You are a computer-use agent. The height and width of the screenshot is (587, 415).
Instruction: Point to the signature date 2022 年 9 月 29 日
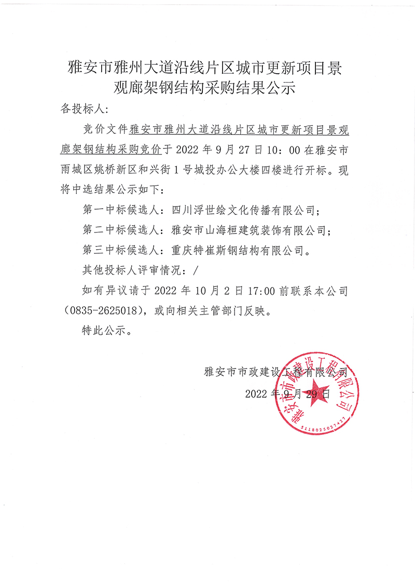click(288, 393)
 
